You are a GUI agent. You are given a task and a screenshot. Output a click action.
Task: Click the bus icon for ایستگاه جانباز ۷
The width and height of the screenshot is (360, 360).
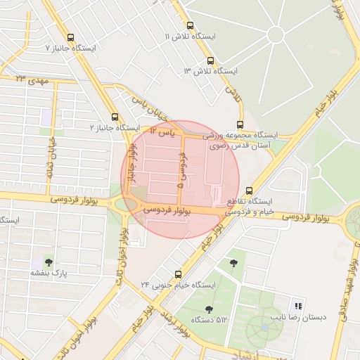[x=70, y=37]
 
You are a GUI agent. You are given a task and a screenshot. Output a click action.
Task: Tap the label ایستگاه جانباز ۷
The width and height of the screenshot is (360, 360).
[x=70, y=49]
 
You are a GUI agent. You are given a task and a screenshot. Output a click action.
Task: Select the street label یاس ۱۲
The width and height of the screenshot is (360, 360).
[x=161, y=131]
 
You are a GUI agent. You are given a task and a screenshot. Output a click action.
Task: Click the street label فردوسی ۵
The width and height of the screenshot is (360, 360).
[x=181, y=173]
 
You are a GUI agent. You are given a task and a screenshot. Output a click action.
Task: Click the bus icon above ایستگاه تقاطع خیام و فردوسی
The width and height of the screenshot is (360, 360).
[x=250, y=190]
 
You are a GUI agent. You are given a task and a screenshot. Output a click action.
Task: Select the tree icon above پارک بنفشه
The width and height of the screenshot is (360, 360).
[x=48, y=262]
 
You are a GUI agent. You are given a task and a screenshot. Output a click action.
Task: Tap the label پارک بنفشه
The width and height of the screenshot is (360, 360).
[x=48, y=273]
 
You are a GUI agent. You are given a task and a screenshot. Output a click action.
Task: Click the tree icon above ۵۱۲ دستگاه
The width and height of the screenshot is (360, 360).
[x=209, y=309]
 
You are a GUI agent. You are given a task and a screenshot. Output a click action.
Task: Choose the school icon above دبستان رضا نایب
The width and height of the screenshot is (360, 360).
[x=297, y=306]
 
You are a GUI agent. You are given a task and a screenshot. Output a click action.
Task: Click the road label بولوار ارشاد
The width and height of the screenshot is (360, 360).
[x=175, y=324]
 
